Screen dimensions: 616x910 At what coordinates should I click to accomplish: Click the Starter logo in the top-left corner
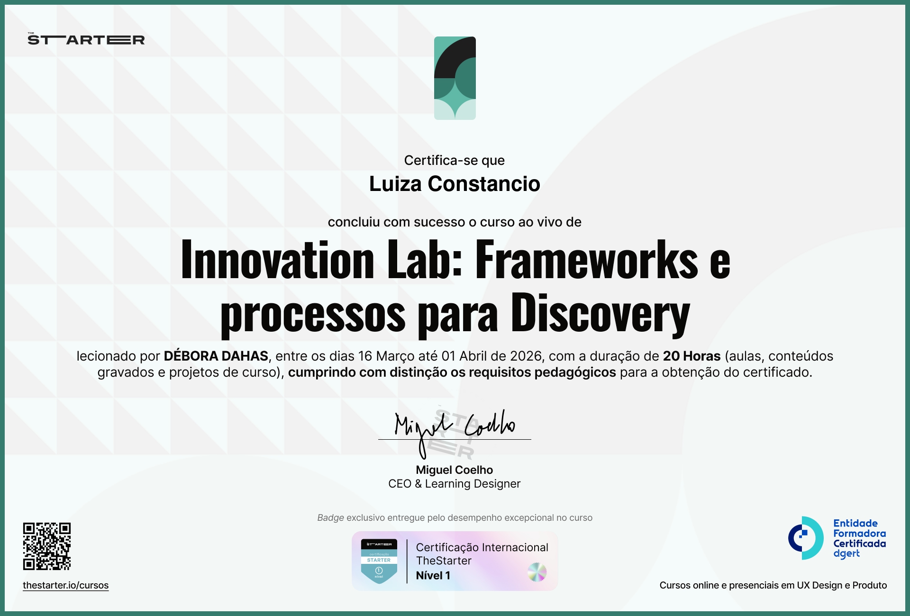point(86,39)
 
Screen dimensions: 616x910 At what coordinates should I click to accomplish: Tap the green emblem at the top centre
point(455,78)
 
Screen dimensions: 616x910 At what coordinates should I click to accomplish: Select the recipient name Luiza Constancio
point(455,184)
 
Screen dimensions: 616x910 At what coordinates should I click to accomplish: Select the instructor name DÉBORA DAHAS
point(216,356)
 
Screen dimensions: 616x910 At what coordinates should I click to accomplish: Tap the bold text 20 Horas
point(692,356)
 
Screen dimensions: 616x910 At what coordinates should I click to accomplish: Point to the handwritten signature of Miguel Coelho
point(455,426)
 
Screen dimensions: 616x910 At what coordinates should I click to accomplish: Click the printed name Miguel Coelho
point(455,470)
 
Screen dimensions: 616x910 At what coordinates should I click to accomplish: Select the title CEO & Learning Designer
point(455,483)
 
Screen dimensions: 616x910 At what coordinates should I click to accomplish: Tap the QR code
point(47,546)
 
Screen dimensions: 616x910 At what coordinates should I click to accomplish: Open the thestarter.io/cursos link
point(66,585)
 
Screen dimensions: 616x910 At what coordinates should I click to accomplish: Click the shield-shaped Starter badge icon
point(379,561)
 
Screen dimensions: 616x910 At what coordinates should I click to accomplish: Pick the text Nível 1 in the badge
point(433,575)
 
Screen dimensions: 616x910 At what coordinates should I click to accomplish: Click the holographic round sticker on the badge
point(537,572)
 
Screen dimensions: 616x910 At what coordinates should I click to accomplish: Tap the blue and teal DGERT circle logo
point(806,538)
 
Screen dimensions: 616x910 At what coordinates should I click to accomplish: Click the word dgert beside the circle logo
point(846,553)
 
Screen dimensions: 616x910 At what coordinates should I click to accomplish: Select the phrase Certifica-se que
point(455,160)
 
